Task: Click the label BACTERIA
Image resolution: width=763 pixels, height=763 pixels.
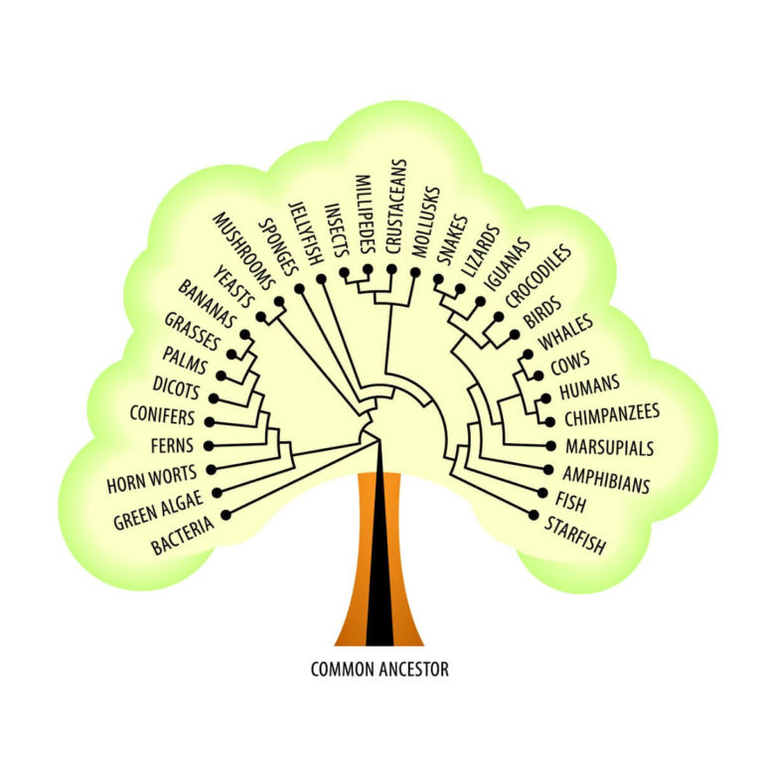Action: (183, 535)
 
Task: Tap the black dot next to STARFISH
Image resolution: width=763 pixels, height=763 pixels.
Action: (534, 515)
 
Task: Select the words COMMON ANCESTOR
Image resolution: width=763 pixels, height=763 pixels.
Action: (380, 669)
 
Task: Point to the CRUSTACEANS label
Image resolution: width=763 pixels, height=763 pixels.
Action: (396, 207)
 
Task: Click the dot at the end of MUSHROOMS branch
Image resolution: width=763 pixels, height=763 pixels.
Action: (279, 302)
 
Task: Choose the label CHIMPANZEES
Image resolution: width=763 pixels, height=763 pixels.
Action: (612, 414)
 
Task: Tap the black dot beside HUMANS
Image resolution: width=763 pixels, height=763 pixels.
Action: (545, 398)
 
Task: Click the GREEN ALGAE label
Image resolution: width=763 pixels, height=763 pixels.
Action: (158, 510)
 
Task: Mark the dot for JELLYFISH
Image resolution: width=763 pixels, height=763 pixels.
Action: (321, 279)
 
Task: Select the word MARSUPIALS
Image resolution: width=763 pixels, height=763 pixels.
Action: (610, 448)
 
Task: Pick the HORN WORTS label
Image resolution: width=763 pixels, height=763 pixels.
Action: (152, 478)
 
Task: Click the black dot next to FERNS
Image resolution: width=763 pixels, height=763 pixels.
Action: (209, 445)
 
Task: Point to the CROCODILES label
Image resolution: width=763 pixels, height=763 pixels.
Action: (537, 276)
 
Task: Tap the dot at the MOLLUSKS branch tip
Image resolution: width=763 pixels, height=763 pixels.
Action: (415, 272)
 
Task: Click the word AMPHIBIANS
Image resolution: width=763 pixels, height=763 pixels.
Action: (606, 480)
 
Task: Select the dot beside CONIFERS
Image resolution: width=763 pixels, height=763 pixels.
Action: (210, 422)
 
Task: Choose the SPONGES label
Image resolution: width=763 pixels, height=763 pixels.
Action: (278, 247)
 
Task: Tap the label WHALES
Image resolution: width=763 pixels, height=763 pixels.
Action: (565, 332)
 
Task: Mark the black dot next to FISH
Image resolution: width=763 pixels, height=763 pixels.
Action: (542, 493)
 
